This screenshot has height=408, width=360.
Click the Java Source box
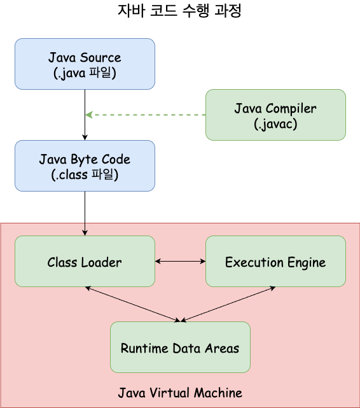coord(85,64)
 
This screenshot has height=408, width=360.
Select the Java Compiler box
coord(275,115)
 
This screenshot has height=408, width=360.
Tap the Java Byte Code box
coord(85,165)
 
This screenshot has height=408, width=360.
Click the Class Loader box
coord(85,262)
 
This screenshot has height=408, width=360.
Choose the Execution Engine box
coord(275,262)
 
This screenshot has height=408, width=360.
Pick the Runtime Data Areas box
coord(180,348)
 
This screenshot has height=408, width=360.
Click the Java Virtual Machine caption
coord(180,392)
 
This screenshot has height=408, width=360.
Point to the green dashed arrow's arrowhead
coord(89,115)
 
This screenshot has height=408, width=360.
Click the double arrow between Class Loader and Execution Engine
coord(180,261)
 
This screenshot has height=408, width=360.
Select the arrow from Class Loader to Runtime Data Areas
coord(132,303)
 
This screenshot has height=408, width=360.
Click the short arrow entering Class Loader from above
coord(85,229)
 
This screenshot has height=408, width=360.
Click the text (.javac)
coord(275,124)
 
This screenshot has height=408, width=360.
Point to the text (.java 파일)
coord(85,73)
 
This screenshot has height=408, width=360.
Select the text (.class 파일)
coord(85,175)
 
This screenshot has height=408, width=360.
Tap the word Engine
coord(305,262)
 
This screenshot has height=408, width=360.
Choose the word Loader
coord(100,262)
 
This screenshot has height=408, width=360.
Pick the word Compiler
coord(291,109)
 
